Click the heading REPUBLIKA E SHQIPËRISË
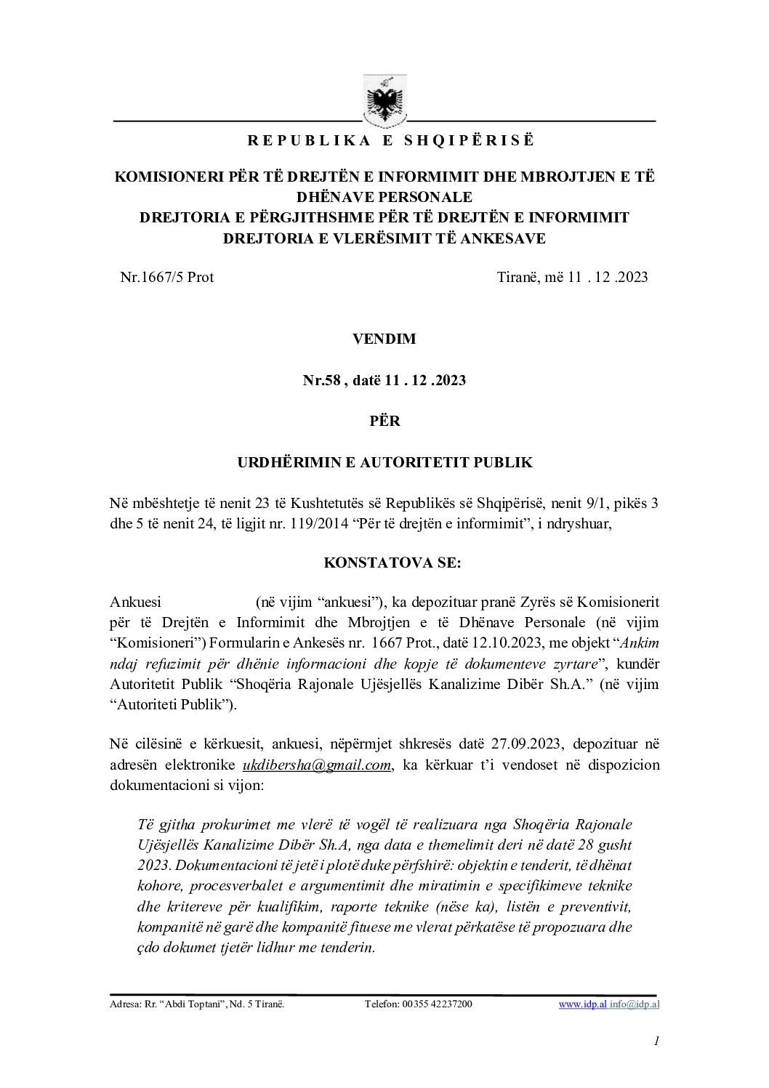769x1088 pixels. tap(390, 141)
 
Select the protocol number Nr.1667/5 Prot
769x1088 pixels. tap(166, 277)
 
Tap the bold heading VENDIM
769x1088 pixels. tap(384, 339)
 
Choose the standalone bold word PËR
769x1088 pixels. tap(384, 421)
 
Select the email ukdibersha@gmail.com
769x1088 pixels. tap(317, 765)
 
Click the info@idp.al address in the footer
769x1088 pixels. tap(635, 1004)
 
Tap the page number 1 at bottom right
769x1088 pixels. tap(656, 1041)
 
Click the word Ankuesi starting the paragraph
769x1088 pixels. tap(135, 602)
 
